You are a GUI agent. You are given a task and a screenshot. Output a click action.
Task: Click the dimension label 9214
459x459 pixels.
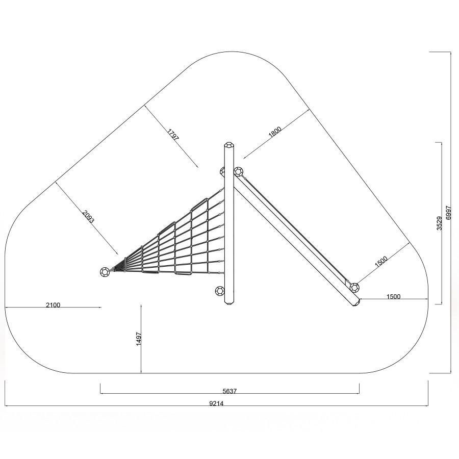[x=216, y=403]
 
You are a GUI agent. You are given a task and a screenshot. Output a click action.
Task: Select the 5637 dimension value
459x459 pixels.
[x=229, y=391]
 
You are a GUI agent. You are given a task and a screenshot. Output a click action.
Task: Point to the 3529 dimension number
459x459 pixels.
[x=439, y=223]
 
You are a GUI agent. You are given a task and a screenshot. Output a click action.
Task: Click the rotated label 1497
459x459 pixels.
[x=139, y=339]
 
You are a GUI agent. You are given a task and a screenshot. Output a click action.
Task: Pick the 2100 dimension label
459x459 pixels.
[x=53, y=305]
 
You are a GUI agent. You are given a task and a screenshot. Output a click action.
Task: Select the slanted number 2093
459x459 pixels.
[x=89, y=217]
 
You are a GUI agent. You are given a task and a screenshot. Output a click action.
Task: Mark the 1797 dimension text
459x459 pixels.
[x=173, y=134]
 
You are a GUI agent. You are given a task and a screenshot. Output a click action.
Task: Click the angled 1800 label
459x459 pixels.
[x=275, y=132]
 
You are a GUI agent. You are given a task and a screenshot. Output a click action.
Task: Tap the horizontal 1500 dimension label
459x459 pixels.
[x=393, y=296]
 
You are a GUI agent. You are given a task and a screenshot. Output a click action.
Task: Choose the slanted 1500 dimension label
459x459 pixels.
[x=381, y=262]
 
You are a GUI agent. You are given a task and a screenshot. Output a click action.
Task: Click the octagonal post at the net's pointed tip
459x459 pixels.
[x=105, y=272]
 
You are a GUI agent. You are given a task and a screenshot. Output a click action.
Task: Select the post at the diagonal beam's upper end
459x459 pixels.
[x=239, y=171]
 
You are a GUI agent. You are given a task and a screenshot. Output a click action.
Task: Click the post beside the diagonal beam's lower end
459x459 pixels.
[x=354, y=288]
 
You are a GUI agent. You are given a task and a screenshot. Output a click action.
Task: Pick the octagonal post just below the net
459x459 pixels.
[x=220, y=291]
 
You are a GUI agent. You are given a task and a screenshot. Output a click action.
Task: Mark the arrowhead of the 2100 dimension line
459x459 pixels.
[x=100, y=307]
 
